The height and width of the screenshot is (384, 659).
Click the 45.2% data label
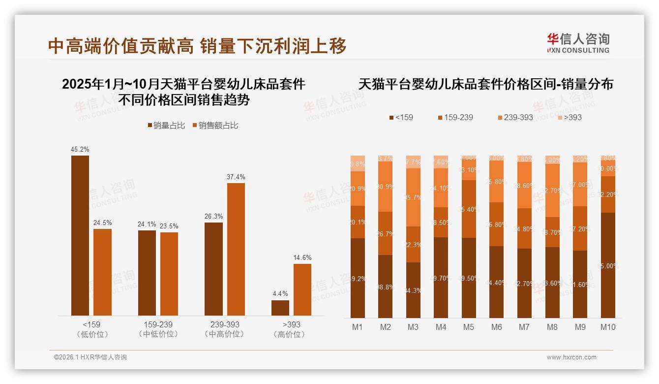tap(80, 149)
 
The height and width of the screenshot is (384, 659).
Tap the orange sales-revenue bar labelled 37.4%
tap(236, 249)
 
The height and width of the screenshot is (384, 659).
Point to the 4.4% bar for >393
tap(280, 308)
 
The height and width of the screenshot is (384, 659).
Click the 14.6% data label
tap(302, 257)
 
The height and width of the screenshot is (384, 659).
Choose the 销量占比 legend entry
tap(166, 126)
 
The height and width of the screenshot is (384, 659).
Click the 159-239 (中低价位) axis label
tap(158, 329)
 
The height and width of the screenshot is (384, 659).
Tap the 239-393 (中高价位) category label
tap(225, 329)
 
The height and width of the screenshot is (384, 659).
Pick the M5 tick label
tap(469, 327)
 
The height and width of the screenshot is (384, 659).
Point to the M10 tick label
tap(608, 327)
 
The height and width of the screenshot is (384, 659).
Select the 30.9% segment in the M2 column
tap(385, 187)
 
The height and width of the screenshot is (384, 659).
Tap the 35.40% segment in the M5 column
tap(469, 209)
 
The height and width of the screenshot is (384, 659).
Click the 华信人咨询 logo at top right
tap(578, 43)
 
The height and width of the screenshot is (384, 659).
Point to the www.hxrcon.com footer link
tap(571, 357)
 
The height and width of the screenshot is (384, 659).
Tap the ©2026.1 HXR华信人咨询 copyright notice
tap(90, 357)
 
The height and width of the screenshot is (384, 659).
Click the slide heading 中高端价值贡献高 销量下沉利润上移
tap(197, 46)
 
